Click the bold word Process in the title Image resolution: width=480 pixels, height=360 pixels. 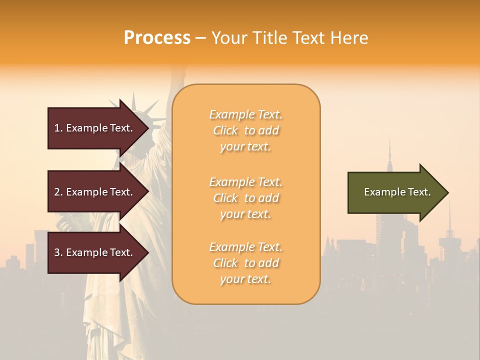157,38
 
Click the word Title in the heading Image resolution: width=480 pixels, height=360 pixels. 270,38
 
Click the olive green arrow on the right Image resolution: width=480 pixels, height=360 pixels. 390,192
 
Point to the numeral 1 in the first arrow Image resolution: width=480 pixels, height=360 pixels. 57,128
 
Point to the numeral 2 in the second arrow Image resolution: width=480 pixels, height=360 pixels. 57,192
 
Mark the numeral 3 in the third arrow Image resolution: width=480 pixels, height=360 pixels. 57,252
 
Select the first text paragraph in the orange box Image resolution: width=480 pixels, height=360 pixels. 245,130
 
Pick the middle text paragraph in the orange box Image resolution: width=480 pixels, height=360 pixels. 245,198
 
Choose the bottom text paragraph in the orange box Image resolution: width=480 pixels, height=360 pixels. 245,263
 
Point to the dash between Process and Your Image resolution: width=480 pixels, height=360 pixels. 200,38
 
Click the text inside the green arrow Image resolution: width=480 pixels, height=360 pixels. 397,192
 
